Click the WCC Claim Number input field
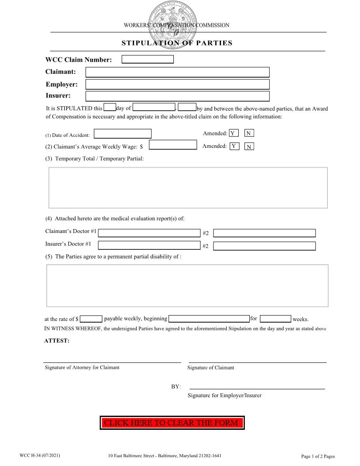point(147,60)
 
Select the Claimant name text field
point(177,72)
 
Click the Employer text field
point(177,84)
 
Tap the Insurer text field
point(177,96)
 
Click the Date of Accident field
point(123,134)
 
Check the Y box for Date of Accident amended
point(234,133)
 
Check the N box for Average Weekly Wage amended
point(249,147)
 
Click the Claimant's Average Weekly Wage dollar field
point(173,145)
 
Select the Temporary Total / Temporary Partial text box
point(188,188)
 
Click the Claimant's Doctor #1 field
point(149,233)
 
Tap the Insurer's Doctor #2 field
point(264,246)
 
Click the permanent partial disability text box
point(187,286)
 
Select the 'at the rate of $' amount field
point(91,319)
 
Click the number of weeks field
point(275,319)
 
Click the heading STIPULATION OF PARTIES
point(177,43)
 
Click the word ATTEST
point(57,341)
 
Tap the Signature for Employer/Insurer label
point(224,395)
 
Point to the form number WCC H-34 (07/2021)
point(40,455)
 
